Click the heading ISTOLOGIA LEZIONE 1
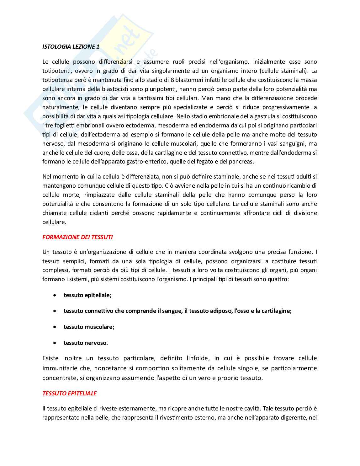coord(71,46)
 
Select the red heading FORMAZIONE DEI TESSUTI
coord(77,237)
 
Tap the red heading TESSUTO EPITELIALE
coord(69,393)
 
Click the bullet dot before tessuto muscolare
coord(55,327)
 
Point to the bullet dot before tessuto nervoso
coord(55,343)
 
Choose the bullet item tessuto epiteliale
coord(87,295)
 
